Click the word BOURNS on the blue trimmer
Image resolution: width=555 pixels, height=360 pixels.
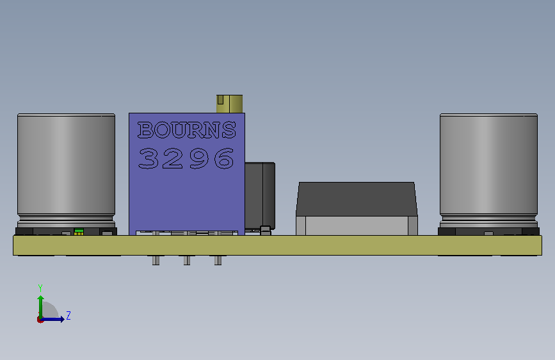coord(186,129)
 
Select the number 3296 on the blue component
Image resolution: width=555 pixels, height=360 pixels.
coord(186,158)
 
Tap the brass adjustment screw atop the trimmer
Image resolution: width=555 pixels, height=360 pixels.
coord(230,104)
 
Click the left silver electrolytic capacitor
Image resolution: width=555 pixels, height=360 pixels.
coord(66,170)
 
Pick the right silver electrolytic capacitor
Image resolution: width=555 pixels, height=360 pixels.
coord(488,170)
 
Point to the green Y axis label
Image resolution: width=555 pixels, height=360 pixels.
coord(40,288)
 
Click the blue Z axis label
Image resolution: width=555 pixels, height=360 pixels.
coord(68,315)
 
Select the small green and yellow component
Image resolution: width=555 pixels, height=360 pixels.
coord(79,232)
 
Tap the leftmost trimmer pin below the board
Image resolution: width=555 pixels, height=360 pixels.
coord(156,260)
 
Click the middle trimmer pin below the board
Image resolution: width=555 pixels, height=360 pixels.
coord(187,260)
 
